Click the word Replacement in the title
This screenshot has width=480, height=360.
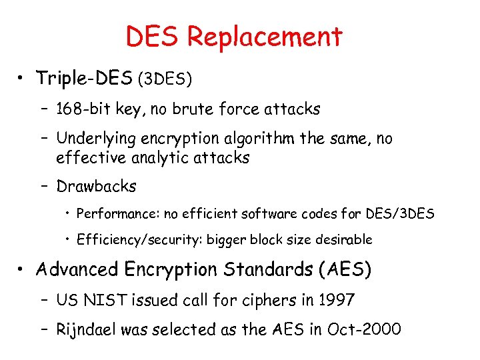[x=265, y=37]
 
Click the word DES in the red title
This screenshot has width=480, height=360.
[x=153, y=37]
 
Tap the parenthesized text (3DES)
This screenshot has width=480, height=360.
[x=165, y=79]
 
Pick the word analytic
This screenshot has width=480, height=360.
[x=154, y=158]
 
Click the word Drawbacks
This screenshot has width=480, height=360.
[x=96, y=187]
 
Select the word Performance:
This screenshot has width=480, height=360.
[x=111, y=214]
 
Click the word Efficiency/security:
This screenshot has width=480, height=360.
[x=131, y=239]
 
